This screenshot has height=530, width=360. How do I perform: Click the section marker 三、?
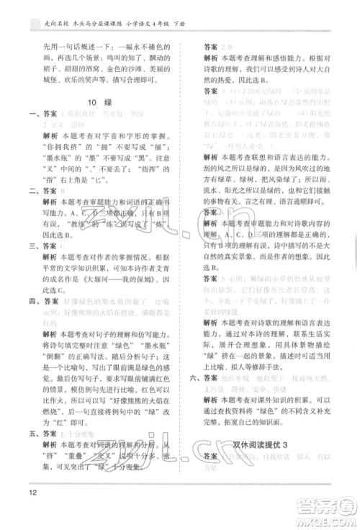point(28,245)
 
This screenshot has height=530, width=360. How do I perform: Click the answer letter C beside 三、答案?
point(63,245)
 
